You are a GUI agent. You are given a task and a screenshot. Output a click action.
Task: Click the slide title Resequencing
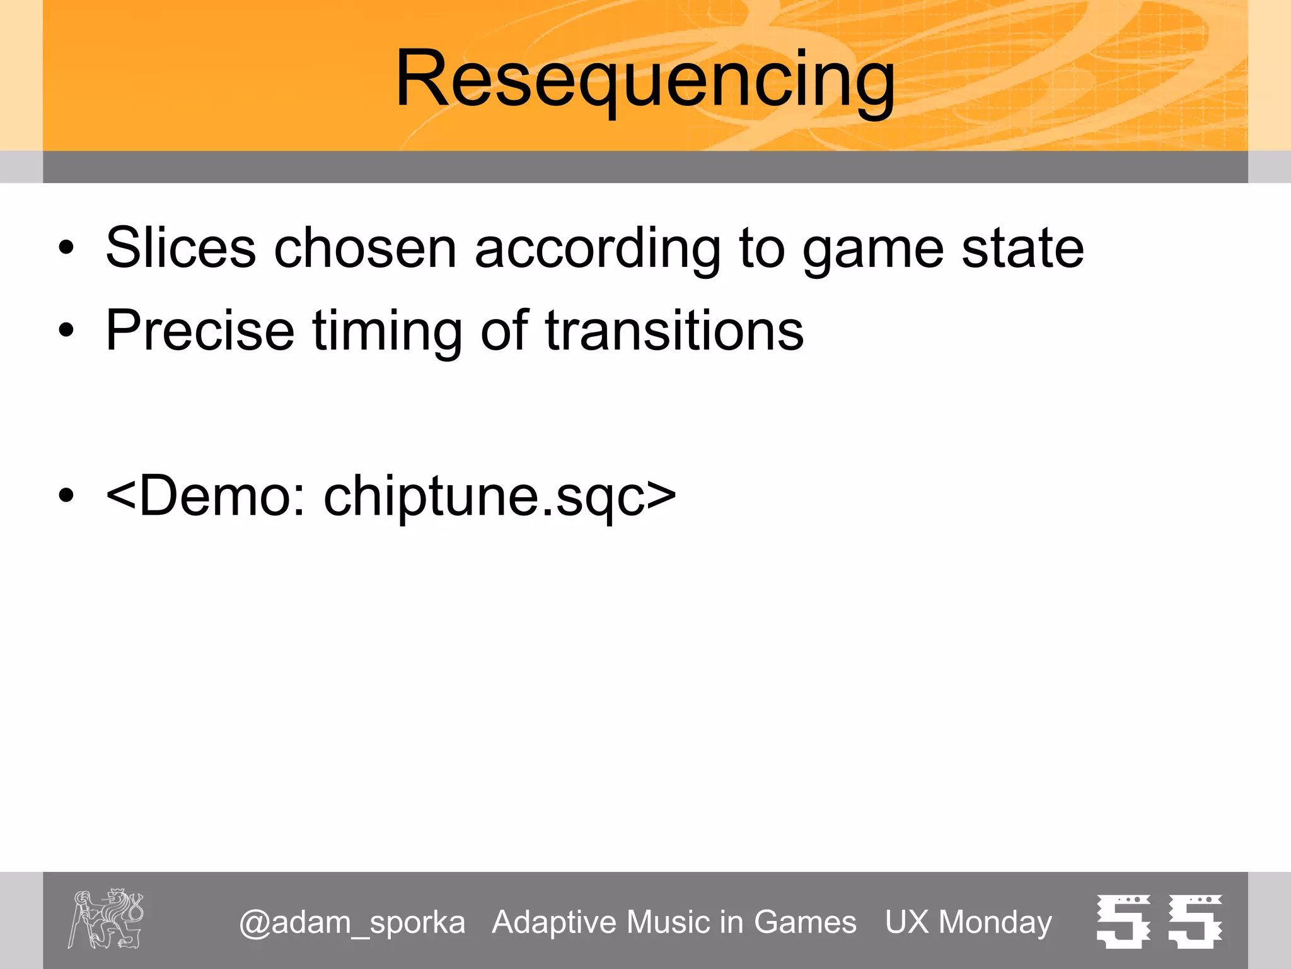(645, 81)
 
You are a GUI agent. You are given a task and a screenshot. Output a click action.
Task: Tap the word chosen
(365, 248)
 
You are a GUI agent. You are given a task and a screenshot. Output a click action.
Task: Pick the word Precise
(200, 331)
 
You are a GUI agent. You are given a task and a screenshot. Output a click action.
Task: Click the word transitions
(674, 331)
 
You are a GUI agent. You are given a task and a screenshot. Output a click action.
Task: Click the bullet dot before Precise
(66, 331)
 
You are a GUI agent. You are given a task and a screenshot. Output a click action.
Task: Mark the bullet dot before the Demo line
(66, 496)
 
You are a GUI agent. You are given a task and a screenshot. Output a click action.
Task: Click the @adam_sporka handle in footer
(352, 923)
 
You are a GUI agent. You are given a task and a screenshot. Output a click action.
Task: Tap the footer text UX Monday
(968, 923)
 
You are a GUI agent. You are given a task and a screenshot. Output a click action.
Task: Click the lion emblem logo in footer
(106, 919)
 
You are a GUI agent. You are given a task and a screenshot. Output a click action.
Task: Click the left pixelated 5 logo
(1123, 921)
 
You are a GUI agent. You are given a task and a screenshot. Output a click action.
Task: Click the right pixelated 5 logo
(1195, 921)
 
